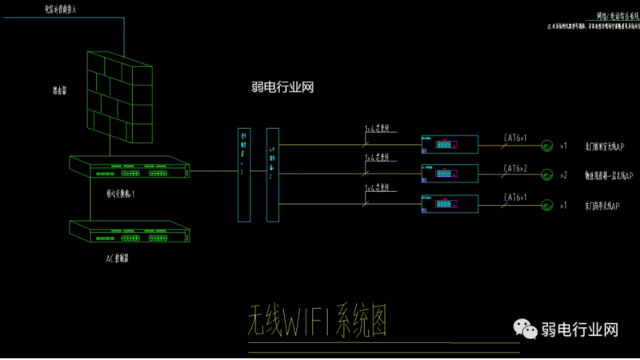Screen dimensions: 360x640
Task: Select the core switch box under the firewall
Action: pos(129,168)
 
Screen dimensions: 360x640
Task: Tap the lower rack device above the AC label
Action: pos(129,231)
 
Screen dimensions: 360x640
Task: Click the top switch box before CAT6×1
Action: pos(449,144)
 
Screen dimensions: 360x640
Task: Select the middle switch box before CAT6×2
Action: pos(449,173)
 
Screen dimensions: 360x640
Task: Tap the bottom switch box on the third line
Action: pos(449,203)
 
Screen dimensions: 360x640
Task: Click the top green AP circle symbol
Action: pos(546,145)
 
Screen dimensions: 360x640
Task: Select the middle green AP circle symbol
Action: pos(546,174)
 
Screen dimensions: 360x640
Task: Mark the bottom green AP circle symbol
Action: pos(546,204)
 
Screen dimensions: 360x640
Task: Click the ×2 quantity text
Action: pos(563,174)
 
